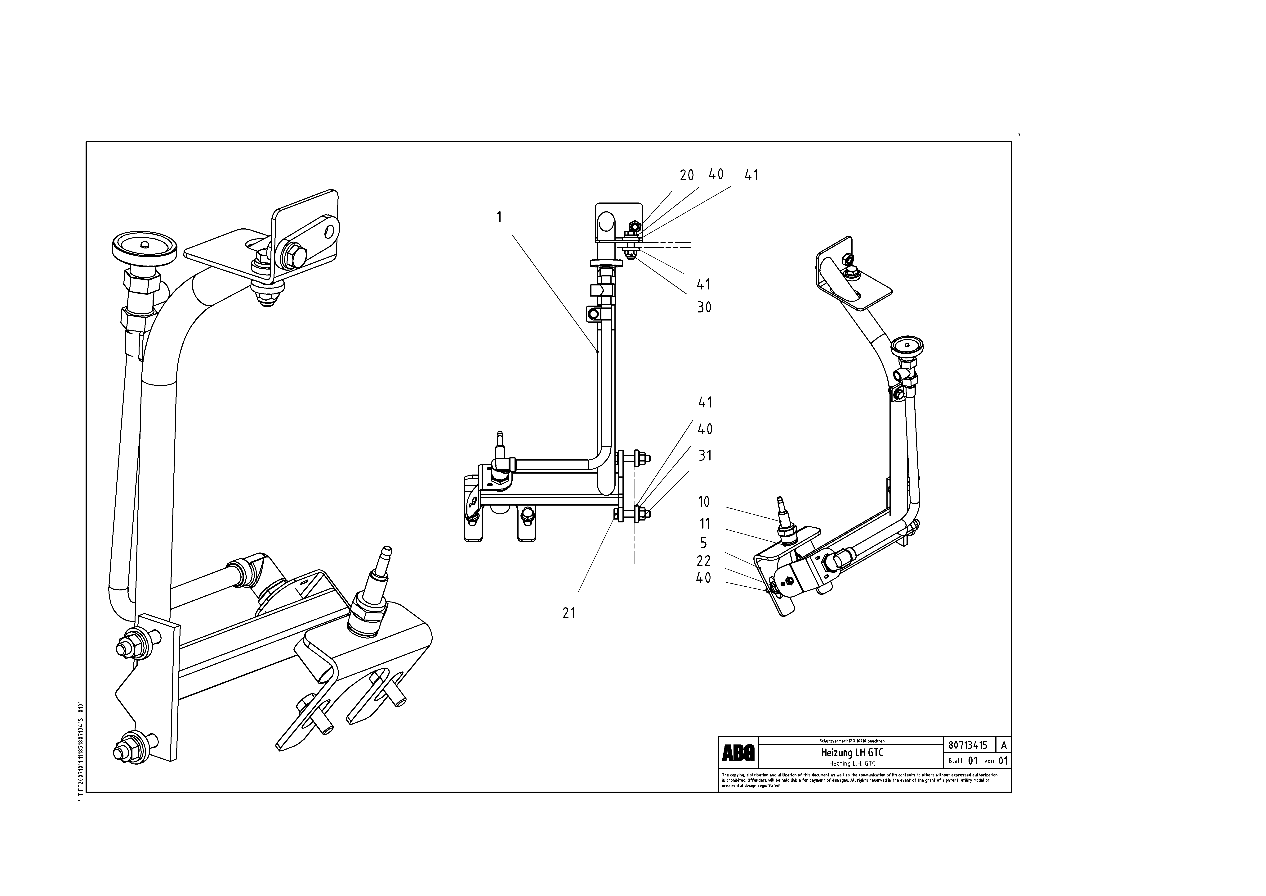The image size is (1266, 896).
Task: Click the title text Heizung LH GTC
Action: (x=851, y=753)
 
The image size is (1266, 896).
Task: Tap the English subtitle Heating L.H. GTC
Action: (x=851, y=764)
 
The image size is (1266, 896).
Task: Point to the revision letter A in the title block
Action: (x=1004, y=745)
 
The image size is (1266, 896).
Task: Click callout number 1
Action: (x=499, y=217)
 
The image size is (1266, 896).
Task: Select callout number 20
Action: (x=686, y=175)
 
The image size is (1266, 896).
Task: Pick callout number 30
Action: (x=704, y=307)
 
